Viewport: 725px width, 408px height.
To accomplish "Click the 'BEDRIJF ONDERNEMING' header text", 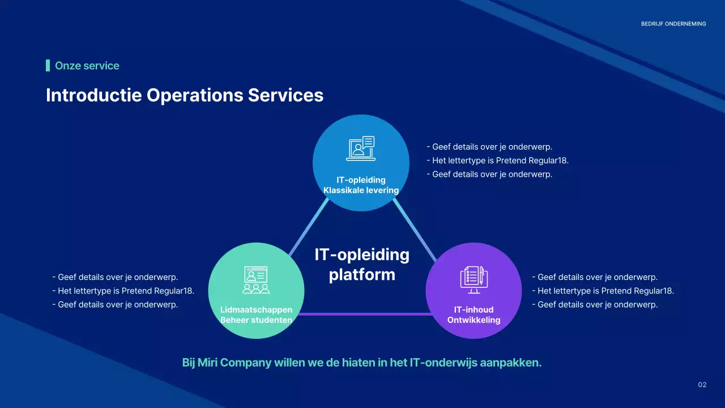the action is click(x=673, y=24).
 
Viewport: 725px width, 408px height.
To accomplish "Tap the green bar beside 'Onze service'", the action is click(x=48, y=65).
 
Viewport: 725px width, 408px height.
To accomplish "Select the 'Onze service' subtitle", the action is click(x=87, y=66).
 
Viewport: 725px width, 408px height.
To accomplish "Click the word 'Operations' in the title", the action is click(x=195, y=95).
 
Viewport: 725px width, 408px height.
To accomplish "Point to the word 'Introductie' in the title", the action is click(x=94, y=95).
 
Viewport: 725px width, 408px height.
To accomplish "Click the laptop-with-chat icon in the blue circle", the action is click(x=361, y=148).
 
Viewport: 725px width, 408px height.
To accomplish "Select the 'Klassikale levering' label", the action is click(x=361, y=190).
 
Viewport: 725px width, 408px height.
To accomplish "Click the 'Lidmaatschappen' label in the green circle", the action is click(x=256, y=309).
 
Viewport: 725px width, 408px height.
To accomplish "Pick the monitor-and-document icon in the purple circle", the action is click(x=474, y=280).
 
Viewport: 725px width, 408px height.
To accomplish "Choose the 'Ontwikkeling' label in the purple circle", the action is click(x=474, y=320).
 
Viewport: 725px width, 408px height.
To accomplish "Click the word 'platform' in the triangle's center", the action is click(x=362, y=275).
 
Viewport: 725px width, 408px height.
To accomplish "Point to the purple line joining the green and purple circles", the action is click(x=365, y=314).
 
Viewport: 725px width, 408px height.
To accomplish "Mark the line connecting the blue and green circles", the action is click(x=309, y=227).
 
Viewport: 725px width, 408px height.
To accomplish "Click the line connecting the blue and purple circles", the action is click(x=415, y=229).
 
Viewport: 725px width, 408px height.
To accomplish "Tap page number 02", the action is click(x=702, y=385).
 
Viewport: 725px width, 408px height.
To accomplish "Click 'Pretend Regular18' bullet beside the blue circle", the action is click(x=532, y=160).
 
